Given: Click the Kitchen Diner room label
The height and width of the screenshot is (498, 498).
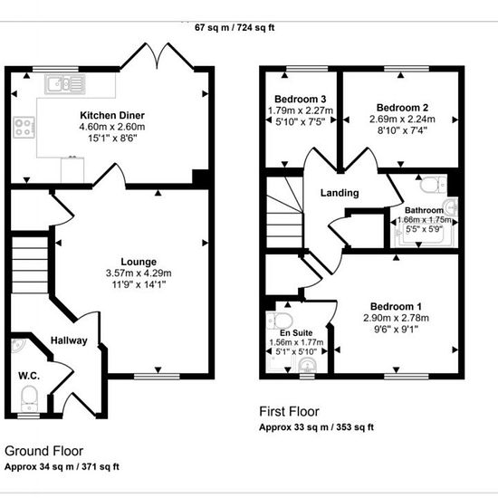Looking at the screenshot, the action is (x=112, y=115).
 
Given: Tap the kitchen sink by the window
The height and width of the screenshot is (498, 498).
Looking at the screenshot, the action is (x=65, y=84).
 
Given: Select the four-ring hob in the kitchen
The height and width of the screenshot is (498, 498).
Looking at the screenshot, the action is (x=24, y=128).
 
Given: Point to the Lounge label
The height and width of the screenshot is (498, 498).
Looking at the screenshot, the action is (x=139, y=262).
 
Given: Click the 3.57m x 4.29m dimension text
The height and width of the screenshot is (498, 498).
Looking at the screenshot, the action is (x=139, y=273).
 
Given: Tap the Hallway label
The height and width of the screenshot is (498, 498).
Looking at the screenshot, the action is (x=69, y=340).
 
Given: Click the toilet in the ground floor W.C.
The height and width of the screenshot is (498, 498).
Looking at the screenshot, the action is (x=29, y=398).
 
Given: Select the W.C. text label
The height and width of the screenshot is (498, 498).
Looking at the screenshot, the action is (x=29, y=376).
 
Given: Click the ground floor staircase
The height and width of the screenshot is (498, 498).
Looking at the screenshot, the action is (x=30, y=265).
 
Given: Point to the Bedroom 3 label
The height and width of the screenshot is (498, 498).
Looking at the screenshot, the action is (x=300, y=99).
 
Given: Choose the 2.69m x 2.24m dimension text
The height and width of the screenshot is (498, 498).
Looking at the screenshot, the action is (x=402, y=120).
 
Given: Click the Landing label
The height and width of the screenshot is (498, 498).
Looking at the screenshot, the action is (x=340, y=193).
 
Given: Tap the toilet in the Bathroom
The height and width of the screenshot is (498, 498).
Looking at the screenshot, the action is (x=434, y=184).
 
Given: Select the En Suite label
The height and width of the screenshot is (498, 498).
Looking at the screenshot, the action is (x=296, y=333).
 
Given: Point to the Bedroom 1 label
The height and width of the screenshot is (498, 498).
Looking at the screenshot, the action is (x=396, y=306).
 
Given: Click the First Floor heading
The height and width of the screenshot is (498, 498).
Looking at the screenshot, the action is (x=289, y=412).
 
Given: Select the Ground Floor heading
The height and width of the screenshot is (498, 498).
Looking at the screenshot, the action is (x=43, y=451).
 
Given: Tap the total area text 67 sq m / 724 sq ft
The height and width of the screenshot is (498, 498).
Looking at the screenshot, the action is (x=235, y=28).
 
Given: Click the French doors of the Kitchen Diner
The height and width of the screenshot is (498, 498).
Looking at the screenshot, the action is (x=157, y=56).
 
